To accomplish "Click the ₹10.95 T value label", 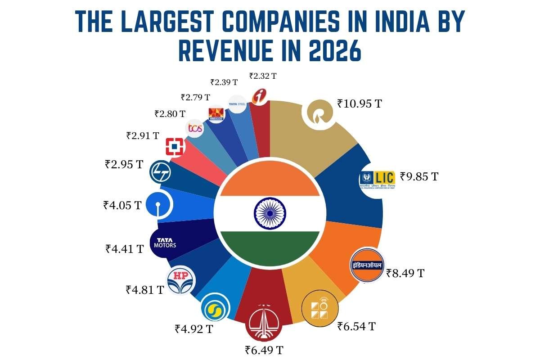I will click(x=360, y=104).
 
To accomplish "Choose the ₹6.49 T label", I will click(x=264, y=350).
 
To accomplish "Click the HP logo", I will click(x=181, y=279).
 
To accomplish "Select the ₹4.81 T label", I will click(x=145, y=289).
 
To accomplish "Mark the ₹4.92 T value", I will click(x=194, y=328).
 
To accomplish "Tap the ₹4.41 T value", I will click(x=124, y=248).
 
